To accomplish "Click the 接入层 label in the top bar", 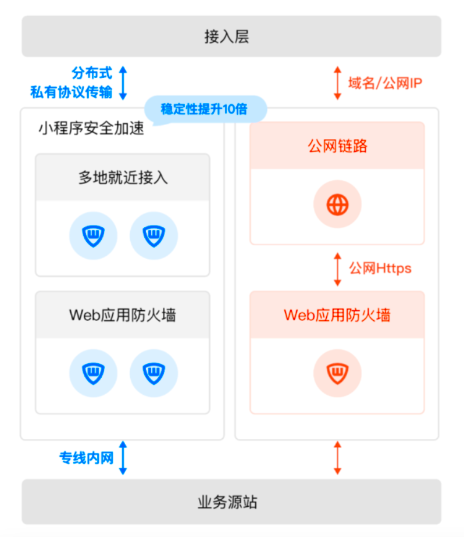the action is (227, 37).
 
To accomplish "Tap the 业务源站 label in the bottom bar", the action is (227, 502).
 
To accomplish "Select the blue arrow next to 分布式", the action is (123, 83).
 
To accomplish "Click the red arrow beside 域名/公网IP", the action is (338, 83).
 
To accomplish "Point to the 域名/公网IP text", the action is (385, 83).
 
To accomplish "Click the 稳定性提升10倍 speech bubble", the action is (205, 109).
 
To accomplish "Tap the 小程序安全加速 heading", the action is (91, 128).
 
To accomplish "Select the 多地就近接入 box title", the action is (123, 178).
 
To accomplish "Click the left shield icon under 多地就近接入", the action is (93, 235).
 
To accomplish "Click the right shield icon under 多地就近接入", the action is (154, 235).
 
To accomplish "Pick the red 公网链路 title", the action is (338, 146).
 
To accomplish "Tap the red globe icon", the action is (338, 205).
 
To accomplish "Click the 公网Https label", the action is (380, 268).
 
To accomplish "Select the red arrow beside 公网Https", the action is (338, 269).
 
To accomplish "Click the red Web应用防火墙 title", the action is (337, 315).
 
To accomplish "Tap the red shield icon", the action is (338, 373).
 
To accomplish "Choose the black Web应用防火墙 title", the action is (123, 315).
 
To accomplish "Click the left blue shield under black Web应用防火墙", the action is (93, 373).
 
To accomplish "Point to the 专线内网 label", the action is (87, 458).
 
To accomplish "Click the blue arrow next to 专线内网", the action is (123, 457).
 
